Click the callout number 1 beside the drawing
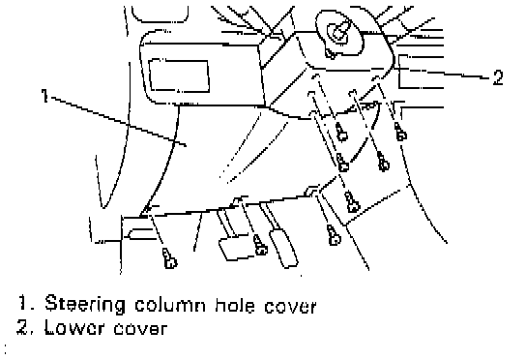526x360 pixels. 44,96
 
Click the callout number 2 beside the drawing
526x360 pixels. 498,77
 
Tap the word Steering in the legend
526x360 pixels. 85,305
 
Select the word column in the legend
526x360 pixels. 170,305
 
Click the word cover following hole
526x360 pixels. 290,306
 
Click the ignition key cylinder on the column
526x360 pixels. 339,33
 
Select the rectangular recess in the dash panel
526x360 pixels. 179,75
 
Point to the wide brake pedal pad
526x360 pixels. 235,248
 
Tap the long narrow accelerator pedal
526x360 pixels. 284,248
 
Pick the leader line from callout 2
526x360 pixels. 442,73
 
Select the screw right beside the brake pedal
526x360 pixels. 260,245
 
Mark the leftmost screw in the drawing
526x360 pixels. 169,258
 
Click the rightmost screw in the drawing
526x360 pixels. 400,132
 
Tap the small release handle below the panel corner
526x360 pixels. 140,234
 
